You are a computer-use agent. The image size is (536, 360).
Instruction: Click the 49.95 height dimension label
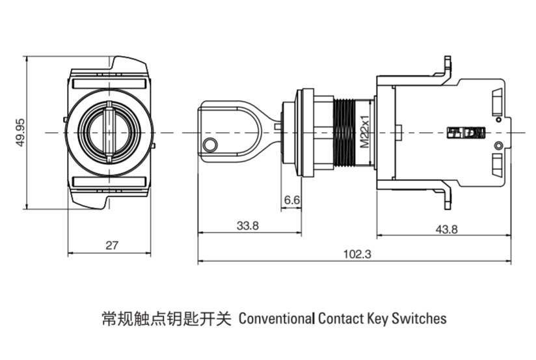point(20,132)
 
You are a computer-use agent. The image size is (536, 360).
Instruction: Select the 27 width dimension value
point(112,245)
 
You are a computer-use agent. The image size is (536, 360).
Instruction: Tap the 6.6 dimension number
point(291,201)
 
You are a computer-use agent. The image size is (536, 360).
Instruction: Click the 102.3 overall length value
point(357,255)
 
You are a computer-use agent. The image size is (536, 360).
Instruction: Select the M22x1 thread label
point(365,132)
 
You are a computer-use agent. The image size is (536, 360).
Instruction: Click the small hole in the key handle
point(210,144)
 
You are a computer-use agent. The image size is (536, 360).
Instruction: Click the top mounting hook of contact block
point(446,65)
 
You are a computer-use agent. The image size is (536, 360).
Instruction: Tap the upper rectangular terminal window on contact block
point(496,102)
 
